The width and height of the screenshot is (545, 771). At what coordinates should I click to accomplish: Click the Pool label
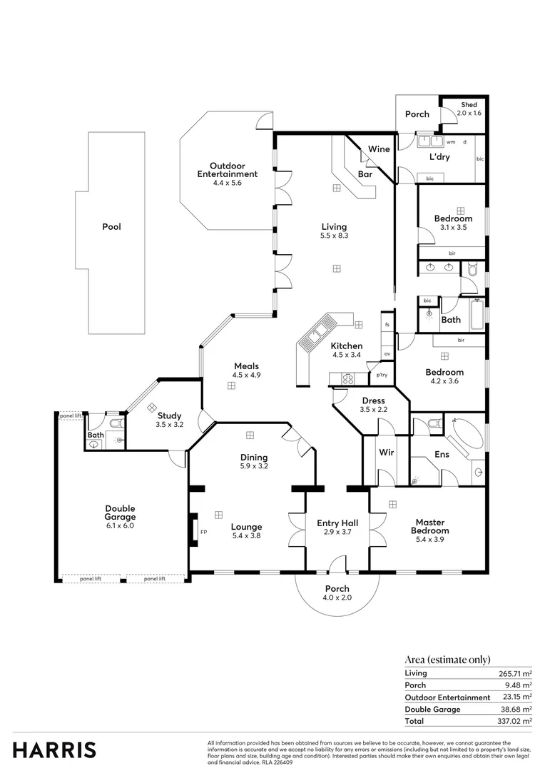111,227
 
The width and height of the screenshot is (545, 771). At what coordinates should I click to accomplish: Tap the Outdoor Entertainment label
228,170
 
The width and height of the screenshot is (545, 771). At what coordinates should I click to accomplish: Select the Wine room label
379,149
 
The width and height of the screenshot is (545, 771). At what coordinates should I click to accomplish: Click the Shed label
469,105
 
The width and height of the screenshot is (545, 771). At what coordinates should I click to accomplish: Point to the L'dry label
438,156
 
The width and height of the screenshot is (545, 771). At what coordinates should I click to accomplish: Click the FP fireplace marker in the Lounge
203,532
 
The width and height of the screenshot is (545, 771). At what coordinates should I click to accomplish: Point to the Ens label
442,453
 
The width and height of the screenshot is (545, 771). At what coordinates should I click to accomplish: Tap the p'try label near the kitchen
382,375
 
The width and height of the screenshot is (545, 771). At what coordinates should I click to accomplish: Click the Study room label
169,415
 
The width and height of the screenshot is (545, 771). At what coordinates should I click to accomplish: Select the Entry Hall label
337,523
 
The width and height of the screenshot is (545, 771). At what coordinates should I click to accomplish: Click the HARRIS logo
54,750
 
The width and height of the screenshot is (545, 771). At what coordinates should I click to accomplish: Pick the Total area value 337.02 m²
514,722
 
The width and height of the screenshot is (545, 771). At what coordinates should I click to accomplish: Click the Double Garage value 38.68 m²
516,710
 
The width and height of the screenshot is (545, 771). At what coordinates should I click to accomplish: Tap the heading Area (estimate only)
447,660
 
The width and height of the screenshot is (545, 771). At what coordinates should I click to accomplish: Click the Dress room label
374,401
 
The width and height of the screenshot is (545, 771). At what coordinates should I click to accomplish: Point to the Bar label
365,174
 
